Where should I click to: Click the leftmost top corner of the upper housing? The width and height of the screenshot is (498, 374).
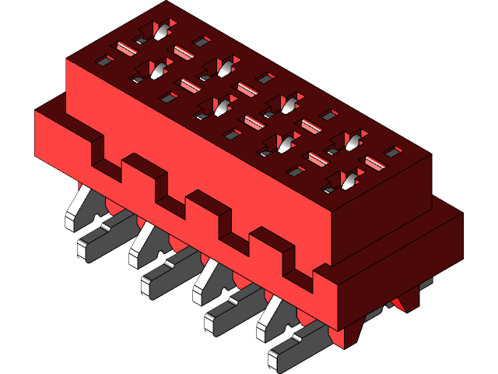(68, 59)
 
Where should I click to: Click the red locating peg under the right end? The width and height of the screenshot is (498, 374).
(405, 300)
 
